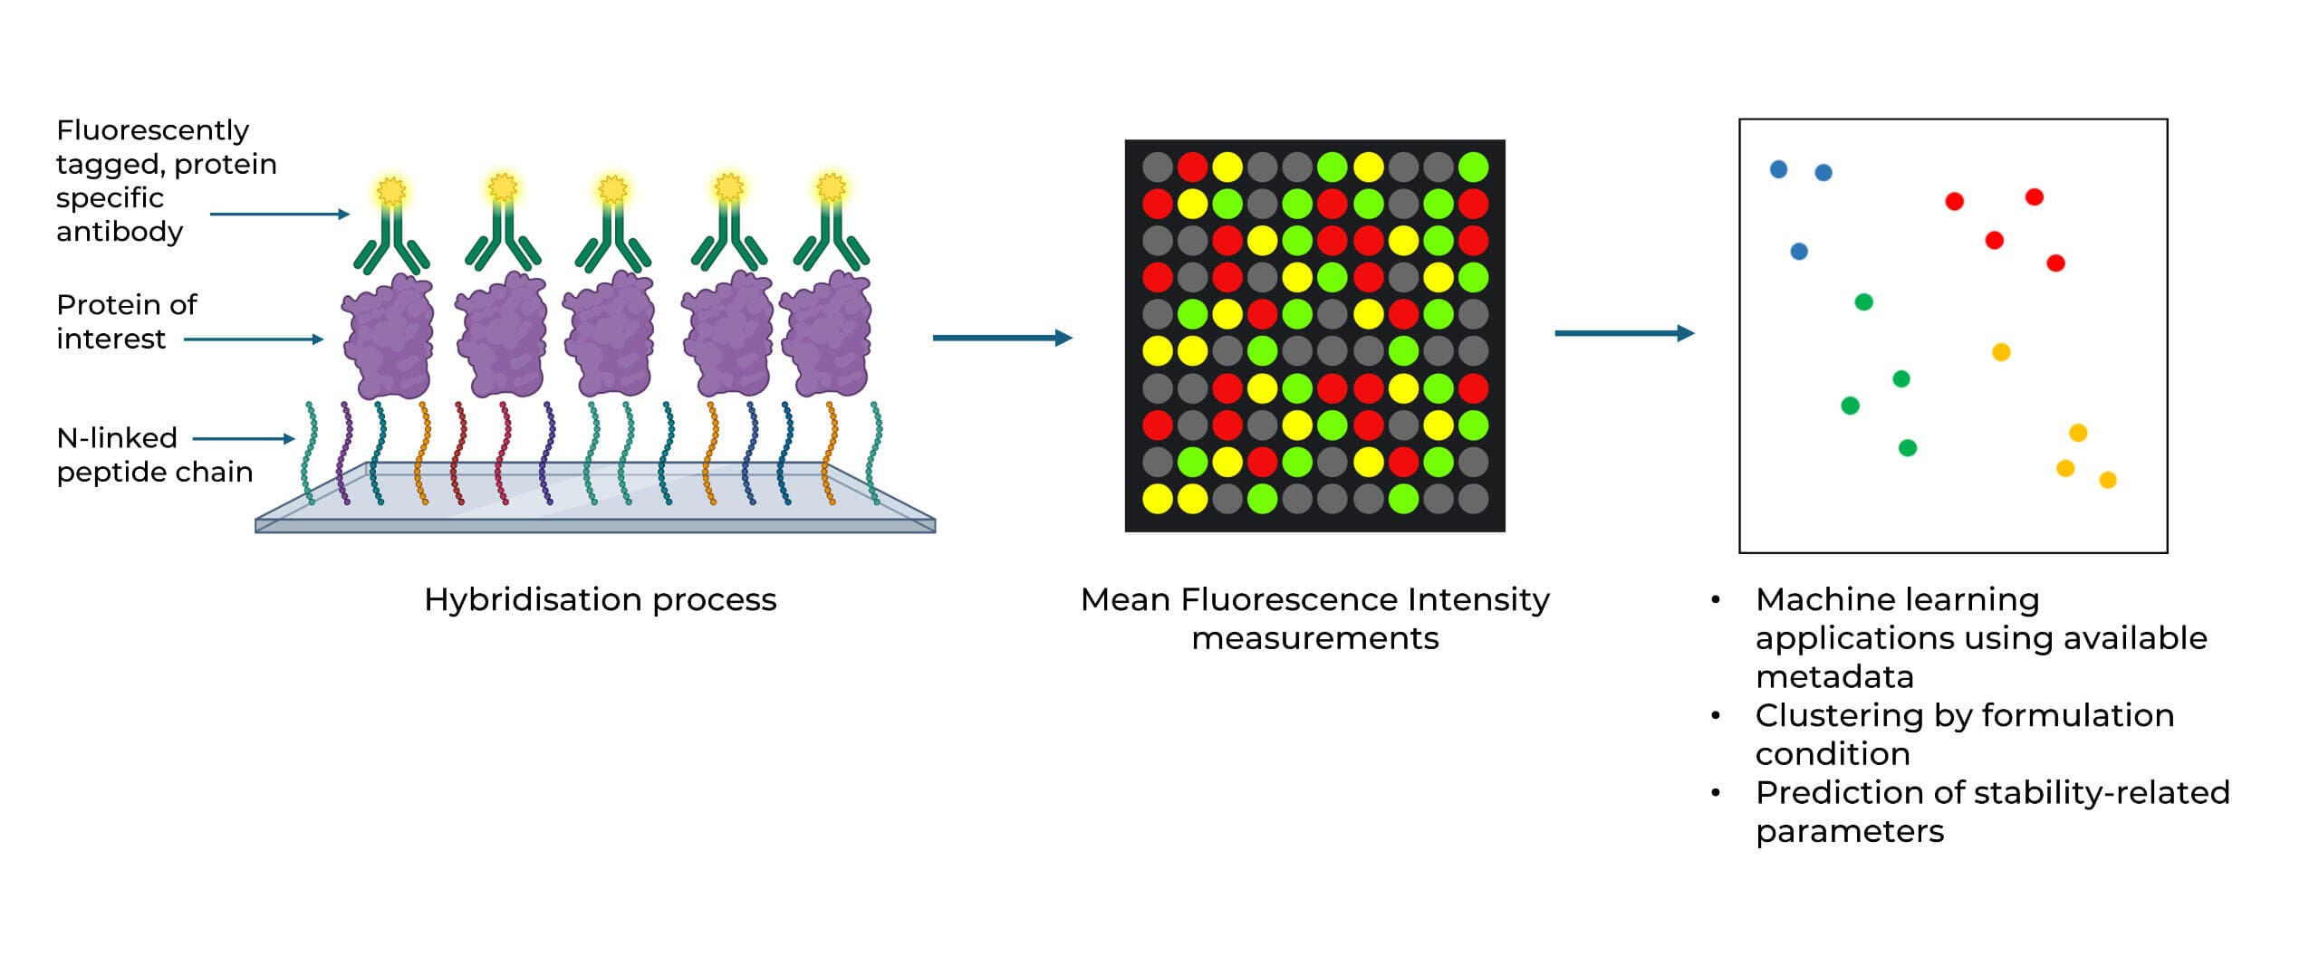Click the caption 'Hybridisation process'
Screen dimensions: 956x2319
point(600,599)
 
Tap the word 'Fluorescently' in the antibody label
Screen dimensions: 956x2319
point(152,130)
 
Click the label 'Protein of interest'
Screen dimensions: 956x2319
point(126,321)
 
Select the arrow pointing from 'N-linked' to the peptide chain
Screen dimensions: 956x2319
point(244,439)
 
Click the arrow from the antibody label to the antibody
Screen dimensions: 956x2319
point(279,215)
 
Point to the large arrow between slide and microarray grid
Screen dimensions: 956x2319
point(1002,338)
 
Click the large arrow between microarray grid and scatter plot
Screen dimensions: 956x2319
point(1623,333)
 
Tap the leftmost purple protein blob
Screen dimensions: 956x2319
point(388,336)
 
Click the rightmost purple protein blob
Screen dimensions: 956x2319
point(826,336)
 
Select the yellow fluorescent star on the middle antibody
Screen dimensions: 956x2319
point(613,189)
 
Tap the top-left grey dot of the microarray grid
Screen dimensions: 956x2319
point(1157,167)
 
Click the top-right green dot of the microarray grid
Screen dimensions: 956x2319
point(1474,167)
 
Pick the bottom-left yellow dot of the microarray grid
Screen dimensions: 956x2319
point(1157,498)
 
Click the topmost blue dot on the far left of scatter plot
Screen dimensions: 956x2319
point(1778,169)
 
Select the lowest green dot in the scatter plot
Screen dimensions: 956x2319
point(1907,447)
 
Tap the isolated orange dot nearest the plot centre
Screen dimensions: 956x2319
point(2001,352)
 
